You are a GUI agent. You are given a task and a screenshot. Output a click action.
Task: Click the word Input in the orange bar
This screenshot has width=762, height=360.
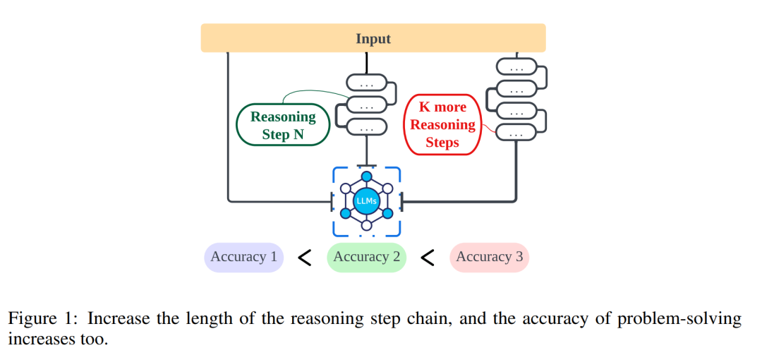pyautogui.click(x=373, y=39)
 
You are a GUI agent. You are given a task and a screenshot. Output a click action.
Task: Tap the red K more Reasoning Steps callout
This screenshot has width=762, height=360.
pyautogui.click(x=443, y=125)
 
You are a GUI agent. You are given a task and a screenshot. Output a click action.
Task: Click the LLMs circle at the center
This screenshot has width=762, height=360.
pyautogui.click(x=367, y=201)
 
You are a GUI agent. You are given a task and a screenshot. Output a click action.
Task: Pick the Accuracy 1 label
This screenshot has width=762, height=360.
pyautogui.click(x=243, y=257)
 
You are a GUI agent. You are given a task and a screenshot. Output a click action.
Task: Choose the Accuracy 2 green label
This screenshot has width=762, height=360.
pyautogui.click(x=366, y=257)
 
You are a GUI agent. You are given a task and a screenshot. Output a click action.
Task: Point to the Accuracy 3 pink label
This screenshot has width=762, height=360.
pyautogui.click(x=489, y=257)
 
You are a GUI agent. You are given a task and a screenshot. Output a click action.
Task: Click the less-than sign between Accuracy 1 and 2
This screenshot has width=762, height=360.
pyautogui.click(x=305, y=258)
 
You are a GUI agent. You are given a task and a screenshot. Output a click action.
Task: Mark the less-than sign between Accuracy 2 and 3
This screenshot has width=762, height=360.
pyautogui.click(x=428, y=258)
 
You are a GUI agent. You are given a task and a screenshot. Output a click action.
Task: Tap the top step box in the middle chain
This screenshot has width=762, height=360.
pyautogui.click(x=366, y=83)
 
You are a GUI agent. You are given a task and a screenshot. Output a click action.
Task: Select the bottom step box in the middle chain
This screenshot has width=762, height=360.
pyautogui.click(x=366, y=128)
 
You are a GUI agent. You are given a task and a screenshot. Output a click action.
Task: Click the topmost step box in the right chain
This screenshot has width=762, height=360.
pyautogui.click(x=517, y=67)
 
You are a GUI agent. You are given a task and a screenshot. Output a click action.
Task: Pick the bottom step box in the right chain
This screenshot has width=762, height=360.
pyautogui.click(x=517, y=132)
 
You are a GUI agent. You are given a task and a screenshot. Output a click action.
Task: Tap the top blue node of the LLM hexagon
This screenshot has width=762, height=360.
pyautogui.click(x=367, y=176)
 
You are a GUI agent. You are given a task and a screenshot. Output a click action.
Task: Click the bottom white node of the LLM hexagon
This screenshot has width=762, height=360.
pyautogui.click(x=367, y=226)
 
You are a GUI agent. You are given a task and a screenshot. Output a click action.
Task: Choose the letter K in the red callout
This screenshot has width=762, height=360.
pyautogui.click(x=423, y=108)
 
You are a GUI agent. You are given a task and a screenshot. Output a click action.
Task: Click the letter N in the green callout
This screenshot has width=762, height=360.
pyautogui.click(x=298, y=134)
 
